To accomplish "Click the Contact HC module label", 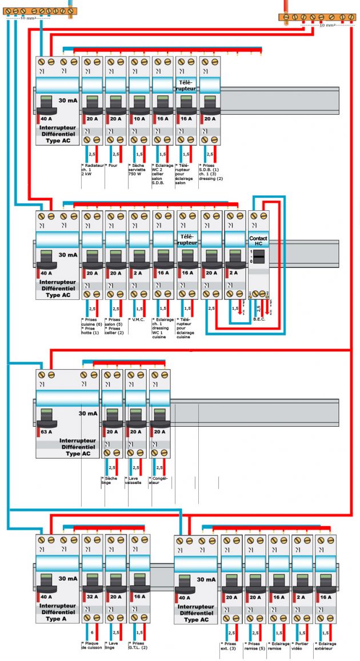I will [x=259, y=241].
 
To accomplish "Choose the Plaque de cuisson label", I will [x=91, y=645].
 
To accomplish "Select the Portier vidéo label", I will [x=301, y=645].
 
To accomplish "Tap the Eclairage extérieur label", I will [x=325, y=645].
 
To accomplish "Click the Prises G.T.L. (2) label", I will [x=139, y=645].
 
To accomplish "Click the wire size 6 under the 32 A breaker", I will [x=92, y=632].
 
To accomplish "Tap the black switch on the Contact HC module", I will [x=259, y=258].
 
